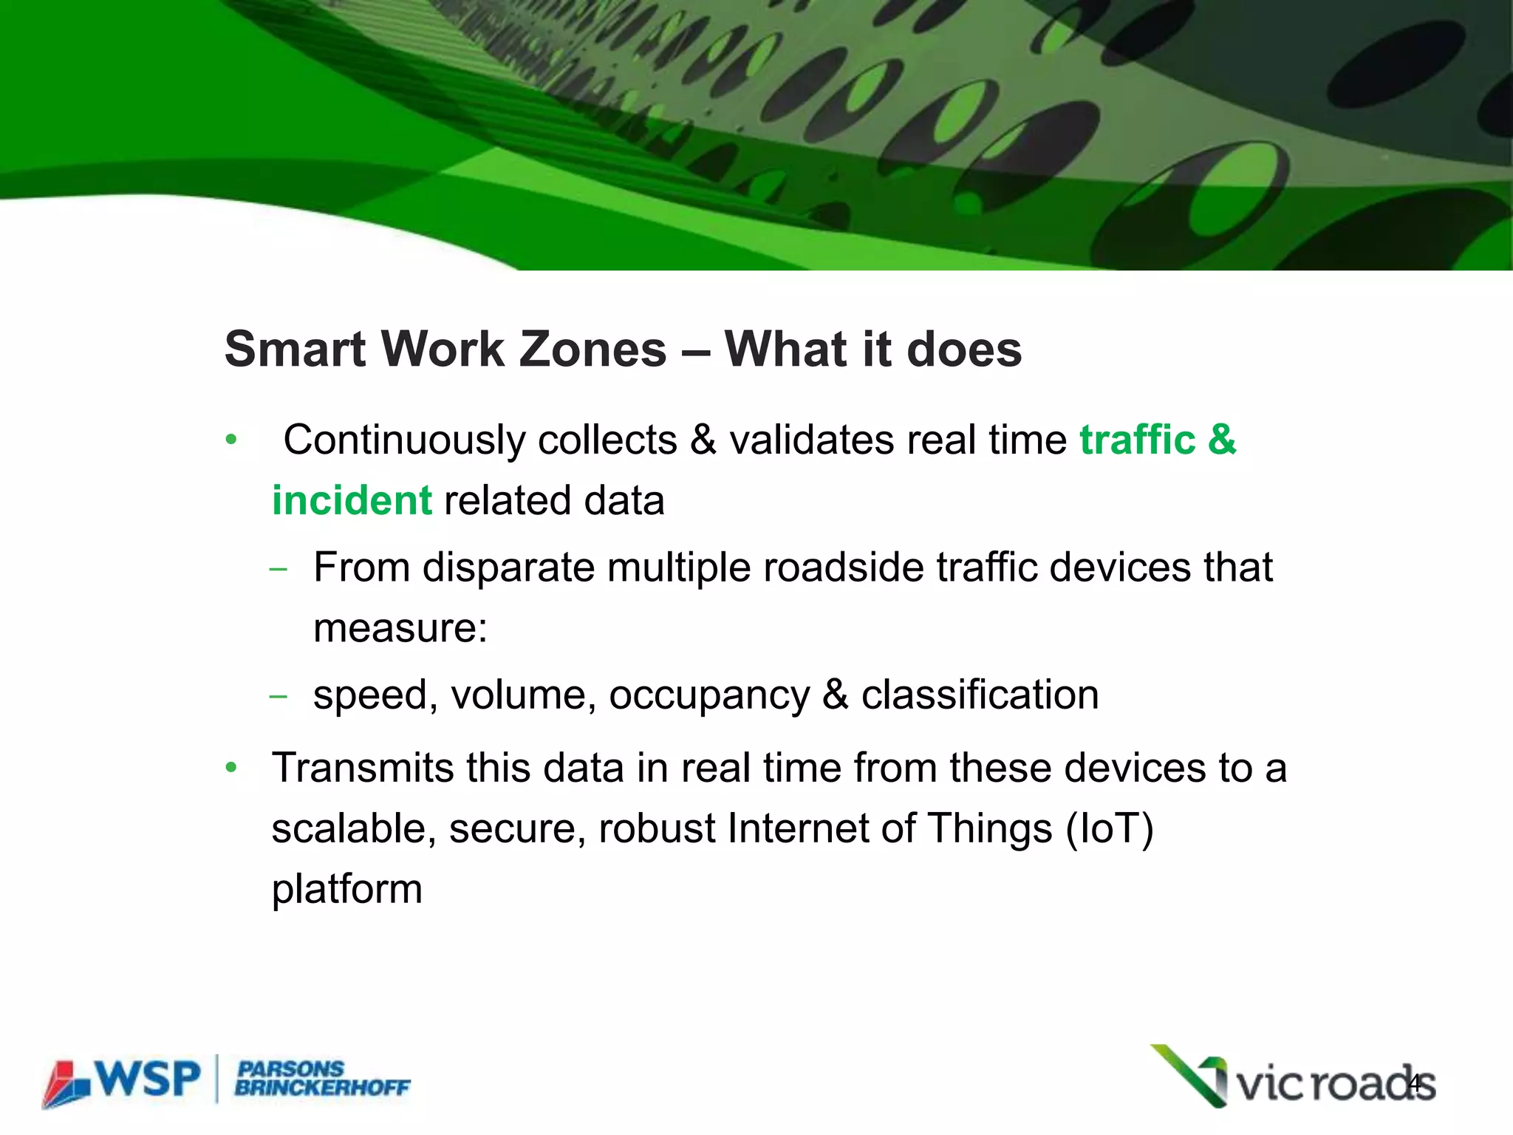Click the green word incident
click(x=352, y=501)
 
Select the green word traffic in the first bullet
click(x=1137, y=440)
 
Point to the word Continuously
click(x=406, y=441)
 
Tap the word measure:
click(x=400, y=629)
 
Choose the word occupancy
click(x=708, y=696)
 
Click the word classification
click(x=980, y=695)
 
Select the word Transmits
click(x=362, y=768)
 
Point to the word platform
click(x=346, y=890)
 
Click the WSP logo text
click(x=148, y=1080)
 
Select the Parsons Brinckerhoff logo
click(x=322, y=1079)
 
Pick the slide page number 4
click(x=1415, y=1084)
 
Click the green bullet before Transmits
click(x=231, y=768)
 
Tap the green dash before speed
click(x=278, y=697)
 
